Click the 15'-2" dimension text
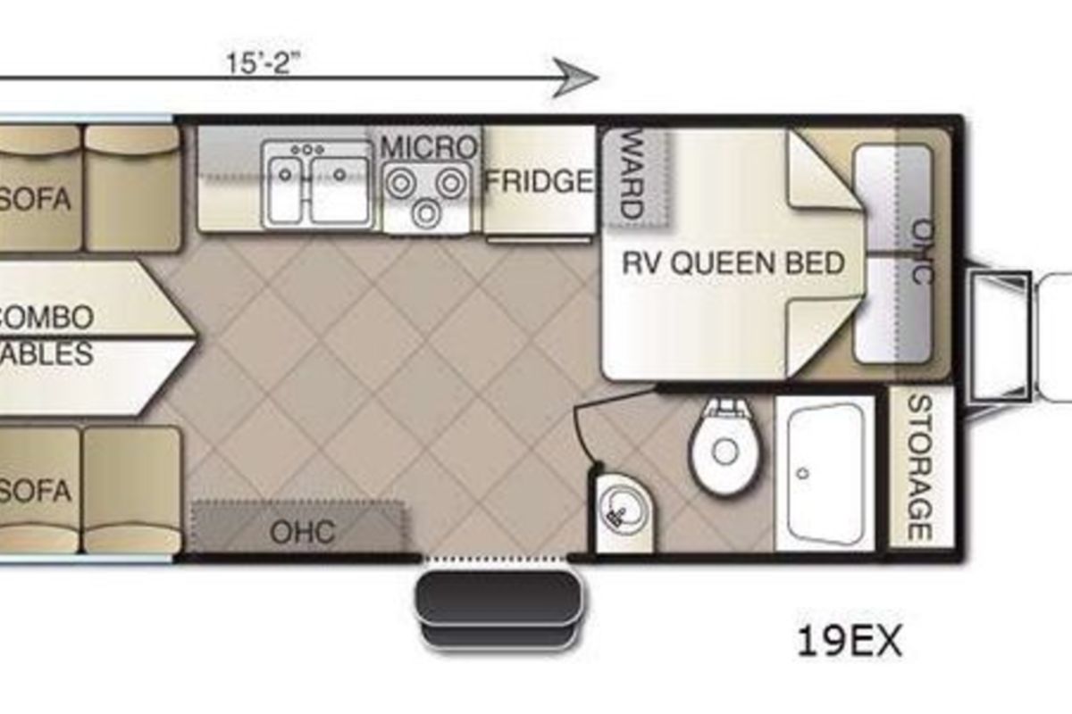pos(264,63)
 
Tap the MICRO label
pos(430,147)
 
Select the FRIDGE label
pos(540,181)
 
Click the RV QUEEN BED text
pos(733,263)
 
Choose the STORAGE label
pos(920,468)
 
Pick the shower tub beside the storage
pos(825,472)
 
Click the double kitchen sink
pos(317,185)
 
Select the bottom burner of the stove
pos(426,213)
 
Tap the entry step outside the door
pos(499,608)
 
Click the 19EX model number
pos(850,642)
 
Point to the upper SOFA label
pos(35,199)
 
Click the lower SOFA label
pos(35,491)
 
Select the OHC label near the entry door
pos(303,531)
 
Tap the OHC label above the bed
pos(923,252)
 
